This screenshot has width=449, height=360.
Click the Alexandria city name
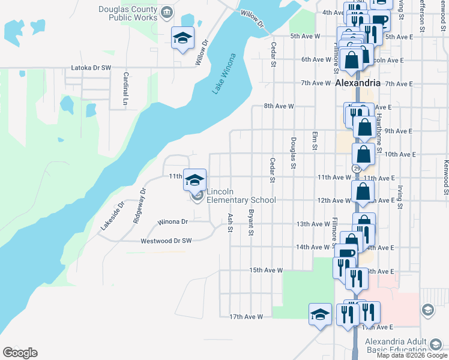[x=358, y=83]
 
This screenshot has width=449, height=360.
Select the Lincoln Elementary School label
[x=241, y=196]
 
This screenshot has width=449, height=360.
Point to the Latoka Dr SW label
[x=91, y=68]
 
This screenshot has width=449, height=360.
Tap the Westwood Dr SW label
[x=166, y=241]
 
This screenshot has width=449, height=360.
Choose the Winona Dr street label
[x=173, y=221]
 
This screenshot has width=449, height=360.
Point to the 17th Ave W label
[x=247, y=316]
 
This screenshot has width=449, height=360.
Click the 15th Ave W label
[x=266, y=270]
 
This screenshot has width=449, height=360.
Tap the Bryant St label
[x=251, y=222]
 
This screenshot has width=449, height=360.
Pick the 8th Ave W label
[x=279, y=106]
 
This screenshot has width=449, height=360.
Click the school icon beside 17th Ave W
[x=320, y=314]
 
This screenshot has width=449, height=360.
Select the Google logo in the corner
[x=20, y=353]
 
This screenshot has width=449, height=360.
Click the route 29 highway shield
[x=356, y=169]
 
